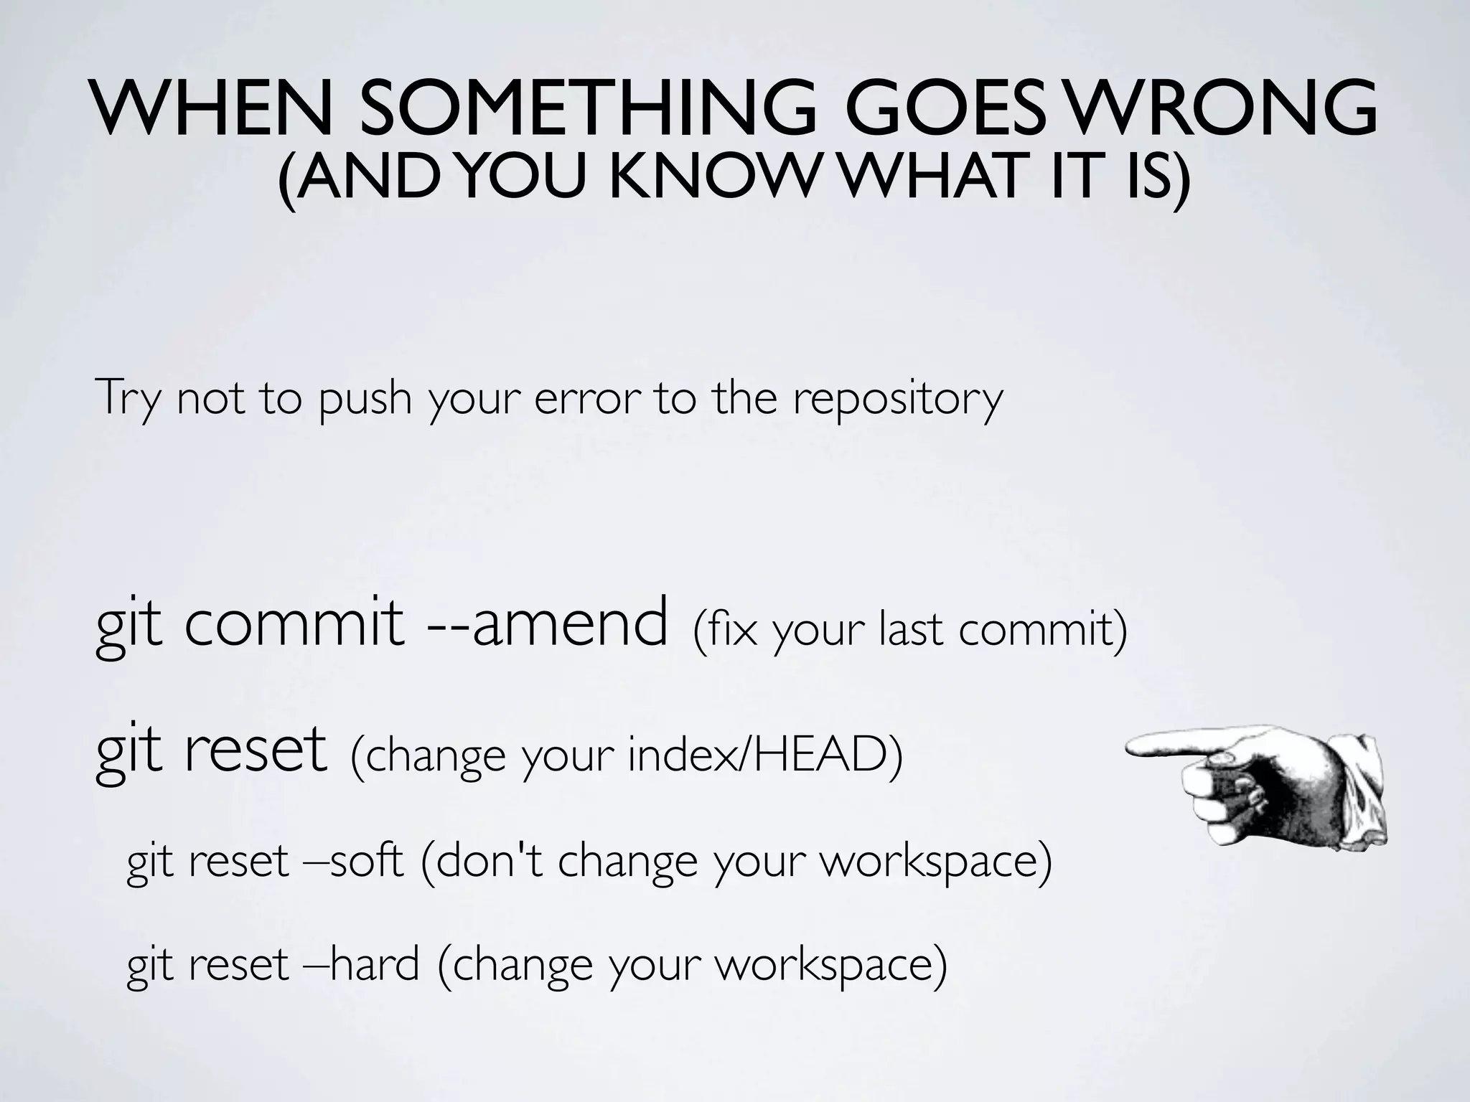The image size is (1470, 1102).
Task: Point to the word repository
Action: [x=897, y=399]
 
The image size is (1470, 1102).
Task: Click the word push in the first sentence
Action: [x=365, y=399]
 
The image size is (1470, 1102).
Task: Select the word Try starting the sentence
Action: [x=126, y=399]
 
